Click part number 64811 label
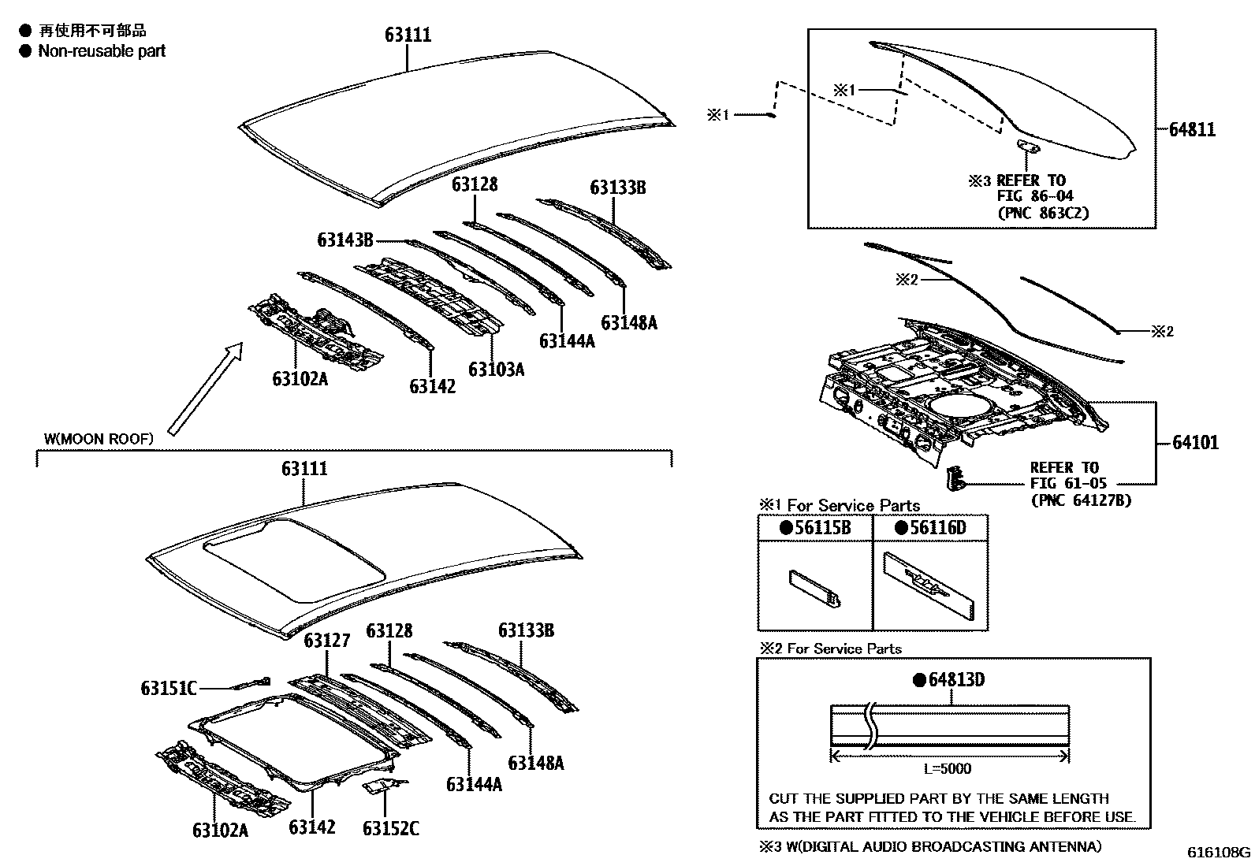pos(1191,129)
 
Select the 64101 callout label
pos(1194,443)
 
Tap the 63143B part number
pos(344,240)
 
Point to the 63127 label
pos(326,640)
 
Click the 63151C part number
pos(168,688)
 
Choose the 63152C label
pos(390,828)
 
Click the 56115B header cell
pos(815,528)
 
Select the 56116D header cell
pos(930,528)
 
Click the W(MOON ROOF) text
pos(99,438)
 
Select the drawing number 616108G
pos(1219,852)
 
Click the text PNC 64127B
pos(1080,500)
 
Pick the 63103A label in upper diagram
pos(496,369)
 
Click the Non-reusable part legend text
pos(102,51)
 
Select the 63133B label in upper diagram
pos(618,188)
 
